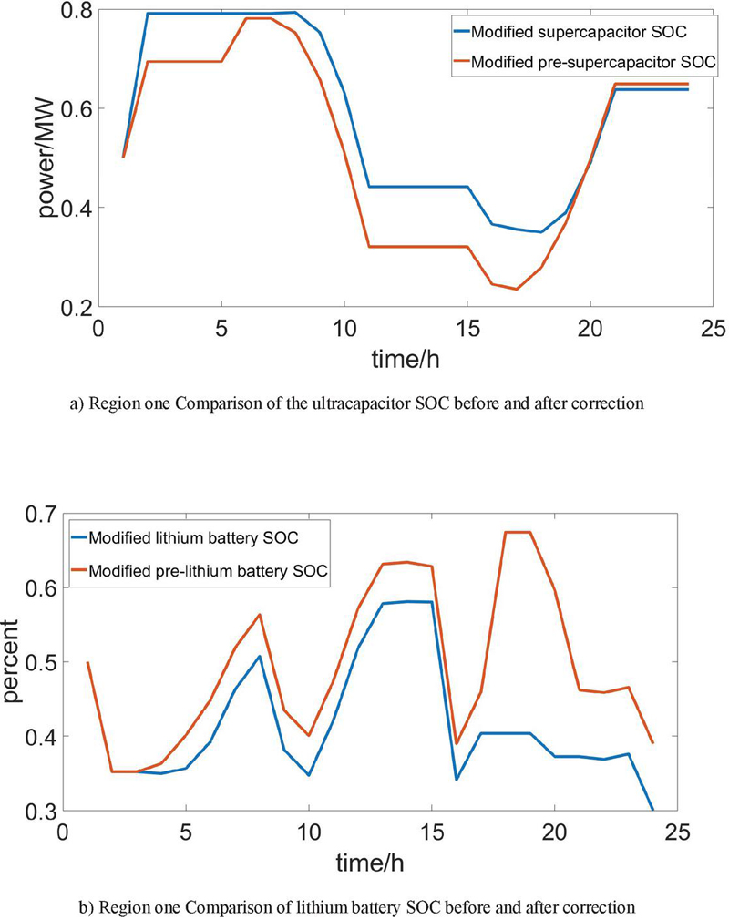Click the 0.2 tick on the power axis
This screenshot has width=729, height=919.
tap(75, 307)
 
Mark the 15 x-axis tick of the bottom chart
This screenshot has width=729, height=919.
tap(431, 832)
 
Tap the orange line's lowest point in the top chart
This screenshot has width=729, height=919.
tap(517, 290)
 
